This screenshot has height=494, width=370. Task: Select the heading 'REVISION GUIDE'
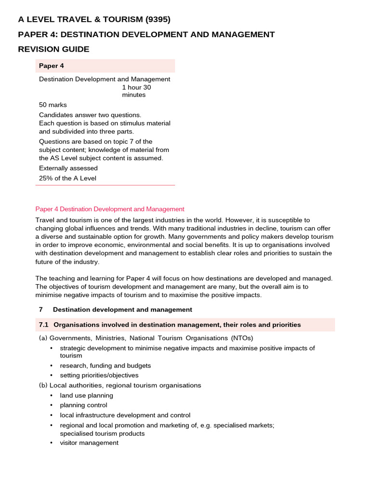53,49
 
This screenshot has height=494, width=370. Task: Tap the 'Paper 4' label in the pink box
51,66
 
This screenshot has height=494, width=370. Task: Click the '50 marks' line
53,105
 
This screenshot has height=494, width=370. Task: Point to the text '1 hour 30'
140,87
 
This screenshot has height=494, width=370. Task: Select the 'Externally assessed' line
68,168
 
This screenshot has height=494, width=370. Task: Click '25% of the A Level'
67,178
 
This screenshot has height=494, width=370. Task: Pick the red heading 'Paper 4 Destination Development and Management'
110,209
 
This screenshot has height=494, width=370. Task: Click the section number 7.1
44,325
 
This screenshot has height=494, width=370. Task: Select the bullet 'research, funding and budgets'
105,365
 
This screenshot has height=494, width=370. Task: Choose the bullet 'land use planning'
86,396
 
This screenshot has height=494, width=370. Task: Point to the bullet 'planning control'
83,405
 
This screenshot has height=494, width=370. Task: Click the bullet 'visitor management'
89,443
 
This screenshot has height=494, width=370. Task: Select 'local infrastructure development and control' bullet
125,415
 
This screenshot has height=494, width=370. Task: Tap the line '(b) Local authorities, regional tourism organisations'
120,385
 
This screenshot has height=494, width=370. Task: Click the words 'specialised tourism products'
102,433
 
